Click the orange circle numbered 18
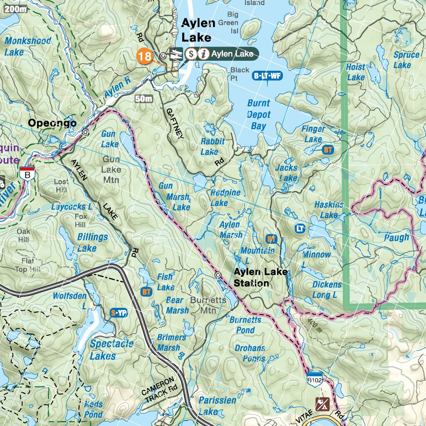145,56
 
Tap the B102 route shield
315,379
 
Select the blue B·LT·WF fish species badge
267,76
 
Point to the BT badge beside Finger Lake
328,150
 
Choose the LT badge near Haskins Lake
300,228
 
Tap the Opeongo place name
52,123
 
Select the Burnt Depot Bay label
259,115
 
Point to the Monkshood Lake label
27,46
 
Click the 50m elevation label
144,99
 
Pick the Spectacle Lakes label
111,349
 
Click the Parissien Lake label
217,406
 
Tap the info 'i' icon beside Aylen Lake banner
203,54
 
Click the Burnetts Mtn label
208,305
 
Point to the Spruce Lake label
406,59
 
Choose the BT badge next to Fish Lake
146,292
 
